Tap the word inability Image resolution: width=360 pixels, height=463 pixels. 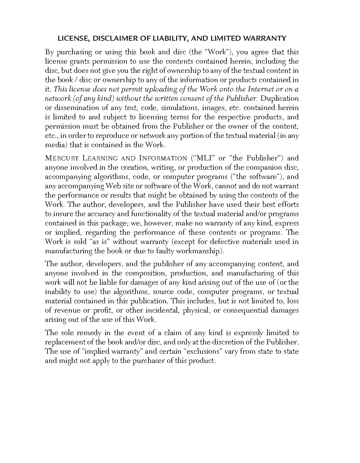pyautogui.click(x=57, y=292)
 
